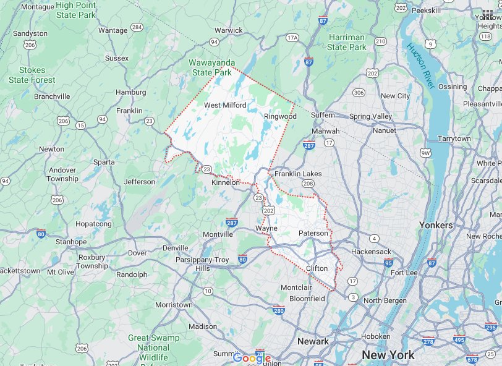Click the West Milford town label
click(x=225, y=105)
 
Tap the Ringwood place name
click(x=280, y=116)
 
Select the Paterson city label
click(x=313, y=233)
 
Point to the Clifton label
click(x=317, y=268)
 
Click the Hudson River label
click(x=421, y=62)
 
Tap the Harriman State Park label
click(x=347, y=42)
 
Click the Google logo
click(x=252, y=358)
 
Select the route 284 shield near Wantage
click(x=137, y=27)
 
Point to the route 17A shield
click(x=292, y=38)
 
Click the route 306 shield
click(x=359, y=93)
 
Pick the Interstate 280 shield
click(x=278, y=310)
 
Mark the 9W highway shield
click(x=425, y=152)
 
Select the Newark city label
click(x=313, y=341)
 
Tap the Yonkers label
click(x=436, y=225)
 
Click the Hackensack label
click(x=371, y=252)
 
